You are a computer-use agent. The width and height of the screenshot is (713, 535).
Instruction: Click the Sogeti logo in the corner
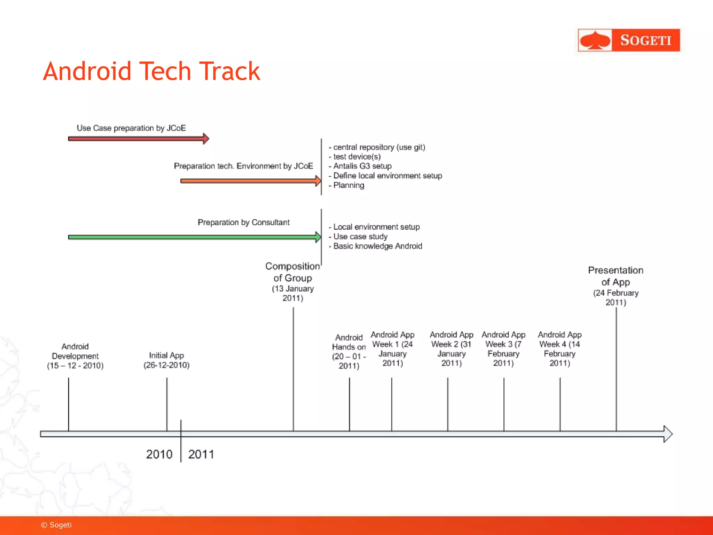(x=628, y=40)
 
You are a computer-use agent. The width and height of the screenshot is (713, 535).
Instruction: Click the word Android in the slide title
(x=87, y=71)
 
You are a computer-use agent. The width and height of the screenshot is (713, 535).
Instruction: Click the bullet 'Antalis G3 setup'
(x=362, y=166)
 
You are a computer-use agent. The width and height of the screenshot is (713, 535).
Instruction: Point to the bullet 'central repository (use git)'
(x=379, y=147)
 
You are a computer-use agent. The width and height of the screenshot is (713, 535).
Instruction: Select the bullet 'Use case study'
(x=360, y=237)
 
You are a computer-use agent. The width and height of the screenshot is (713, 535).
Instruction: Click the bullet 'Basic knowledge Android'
(x=377, y=246)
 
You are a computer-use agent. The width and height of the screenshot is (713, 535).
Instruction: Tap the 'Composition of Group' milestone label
(x=292, y=281)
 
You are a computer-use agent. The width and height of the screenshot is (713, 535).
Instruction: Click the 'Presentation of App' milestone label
(x=616, y=286)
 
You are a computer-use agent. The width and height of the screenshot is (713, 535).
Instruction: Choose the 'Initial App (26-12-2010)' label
(x=166, y=360)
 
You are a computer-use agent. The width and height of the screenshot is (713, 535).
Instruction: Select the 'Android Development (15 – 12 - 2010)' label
(x=75, y=356)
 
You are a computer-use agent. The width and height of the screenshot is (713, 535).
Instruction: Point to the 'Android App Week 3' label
(x=503, y=349)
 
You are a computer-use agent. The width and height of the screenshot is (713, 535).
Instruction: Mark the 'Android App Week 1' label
(x=392, y=349)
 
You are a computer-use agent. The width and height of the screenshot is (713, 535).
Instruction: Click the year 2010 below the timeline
(x=159, y=454)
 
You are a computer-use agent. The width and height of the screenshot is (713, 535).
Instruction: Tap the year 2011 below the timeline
(x=201, y=454)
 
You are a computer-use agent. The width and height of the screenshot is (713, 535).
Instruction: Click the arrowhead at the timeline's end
(x=668, y=434)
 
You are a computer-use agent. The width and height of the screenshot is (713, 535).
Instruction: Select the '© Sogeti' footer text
(x=56, y=525)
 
